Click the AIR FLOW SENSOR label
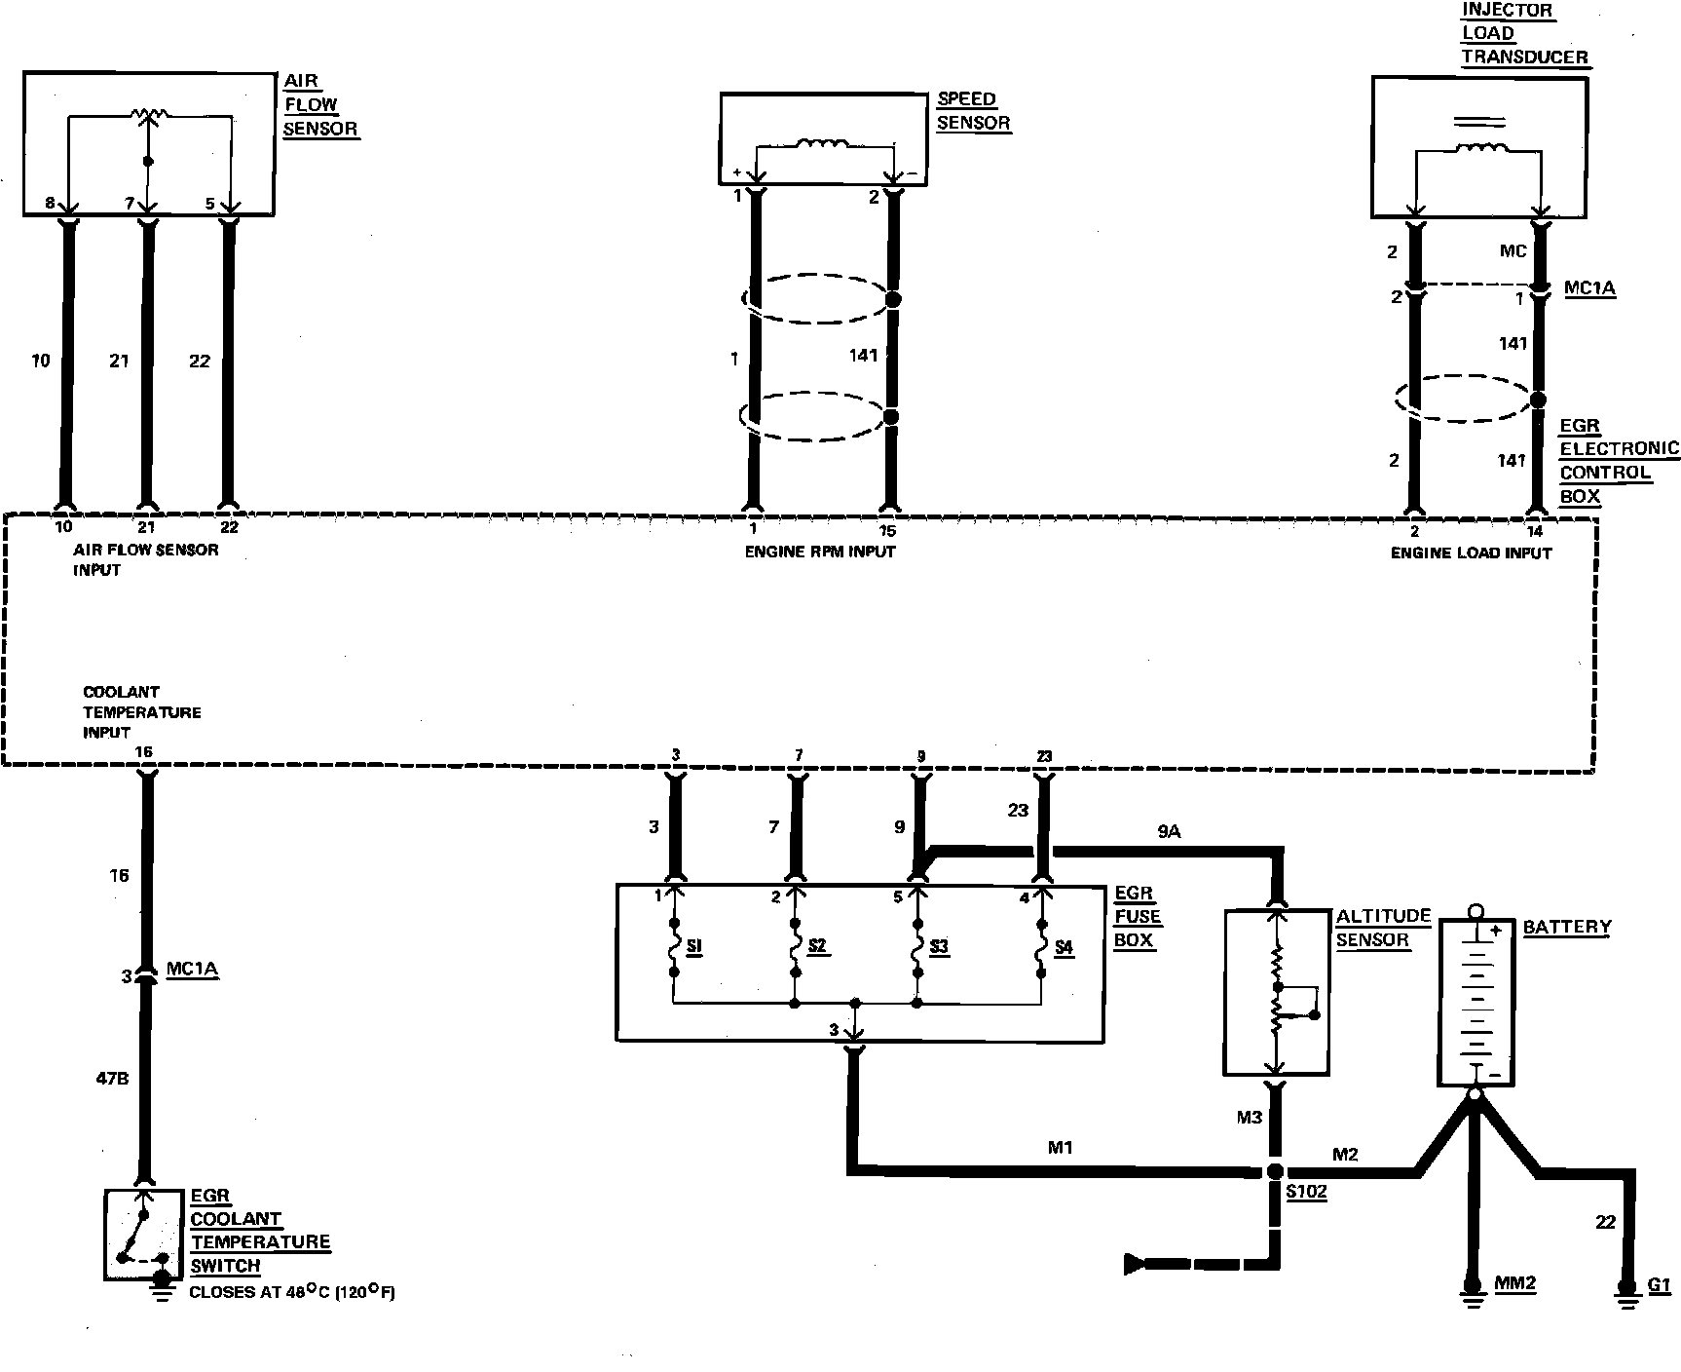[318, 105]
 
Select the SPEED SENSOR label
[972, 111]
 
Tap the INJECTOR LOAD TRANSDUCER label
[1522, 33]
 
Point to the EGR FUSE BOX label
[1138, 917]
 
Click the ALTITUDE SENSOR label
[1382, 928]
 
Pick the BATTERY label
[1566, 927]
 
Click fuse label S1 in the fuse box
[694, 946]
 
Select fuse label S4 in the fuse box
[1064, 946]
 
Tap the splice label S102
[1306, 1192]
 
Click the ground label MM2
[1514, 1283]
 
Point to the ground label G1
[1659, 1284]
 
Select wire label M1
[1060, 1148]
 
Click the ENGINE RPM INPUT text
[820, 552]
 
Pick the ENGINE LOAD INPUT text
[1471, 553]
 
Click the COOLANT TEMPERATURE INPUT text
[141, 712]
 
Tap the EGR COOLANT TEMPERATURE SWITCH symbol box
[143, 1235]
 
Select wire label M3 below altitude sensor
[1249, 1117]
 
